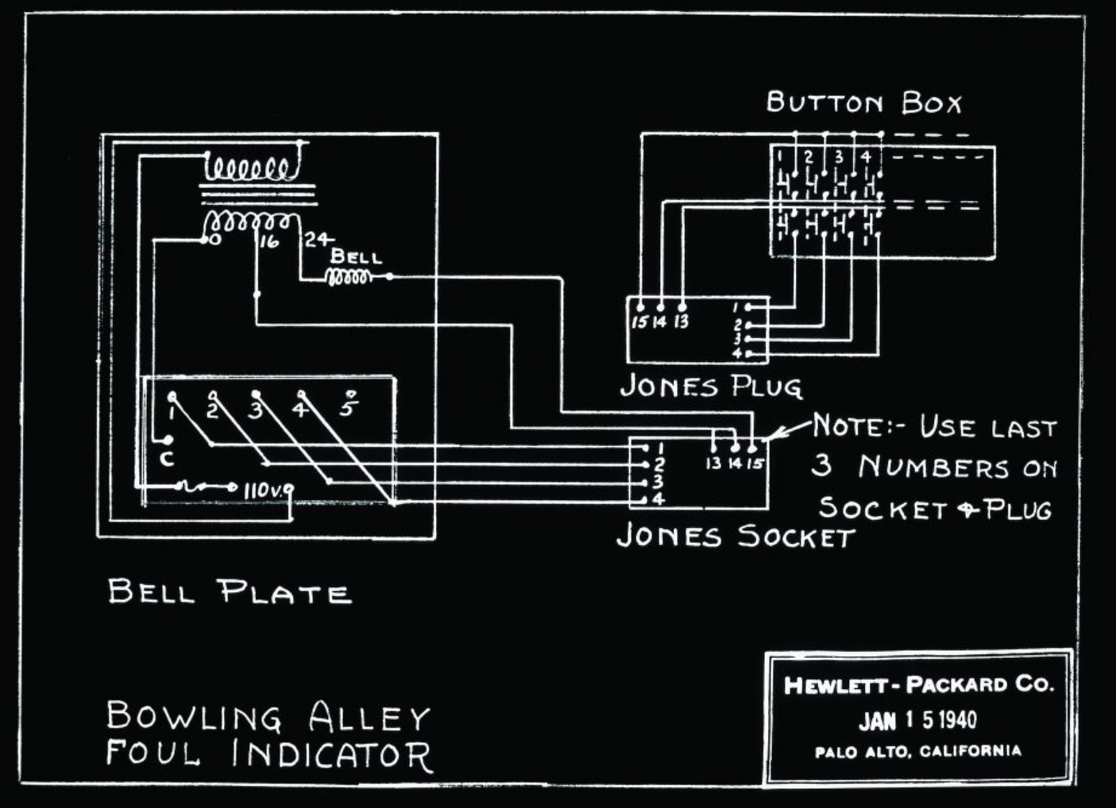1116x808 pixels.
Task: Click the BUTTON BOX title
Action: (x=864, y=103)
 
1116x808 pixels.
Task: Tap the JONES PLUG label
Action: (x=710, y=386)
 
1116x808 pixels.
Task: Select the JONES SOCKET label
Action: (x=735, y=536)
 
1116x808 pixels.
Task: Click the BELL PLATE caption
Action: (x=229, y=592)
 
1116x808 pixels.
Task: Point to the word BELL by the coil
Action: (x=356, y=257)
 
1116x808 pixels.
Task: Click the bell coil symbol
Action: (x=349, y=277)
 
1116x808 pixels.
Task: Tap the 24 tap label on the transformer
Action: (x=318, y=240)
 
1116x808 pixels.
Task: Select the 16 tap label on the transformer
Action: (x=269, y=241)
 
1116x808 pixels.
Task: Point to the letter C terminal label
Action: (x=167, y=459)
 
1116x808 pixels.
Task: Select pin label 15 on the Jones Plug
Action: (x=640, y=321)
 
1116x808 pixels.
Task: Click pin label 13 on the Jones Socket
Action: (x=713, y=463)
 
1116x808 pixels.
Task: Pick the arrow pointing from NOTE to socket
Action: (x=788, y=430)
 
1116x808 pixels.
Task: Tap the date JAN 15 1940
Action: (x=917, y=720)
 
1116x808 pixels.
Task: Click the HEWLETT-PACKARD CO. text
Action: (x=918, y=685)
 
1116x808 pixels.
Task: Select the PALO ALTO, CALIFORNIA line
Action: (x=918, y=752)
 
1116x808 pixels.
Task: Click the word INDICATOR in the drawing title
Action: (x=331, y=755)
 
